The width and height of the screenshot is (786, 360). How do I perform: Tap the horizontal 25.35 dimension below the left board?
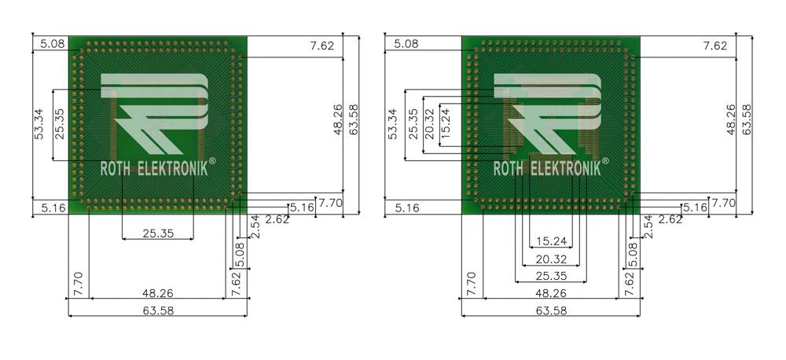click(158, 233)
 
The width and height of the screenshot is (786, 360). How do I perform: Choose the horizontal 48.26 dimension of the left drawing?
click(158, 293)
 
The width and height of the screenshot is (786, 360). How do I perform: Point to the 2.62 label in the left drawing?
click(277, 219)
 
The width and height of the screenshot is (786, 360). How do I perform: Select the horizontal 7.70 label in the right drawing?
click(723, 203)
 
